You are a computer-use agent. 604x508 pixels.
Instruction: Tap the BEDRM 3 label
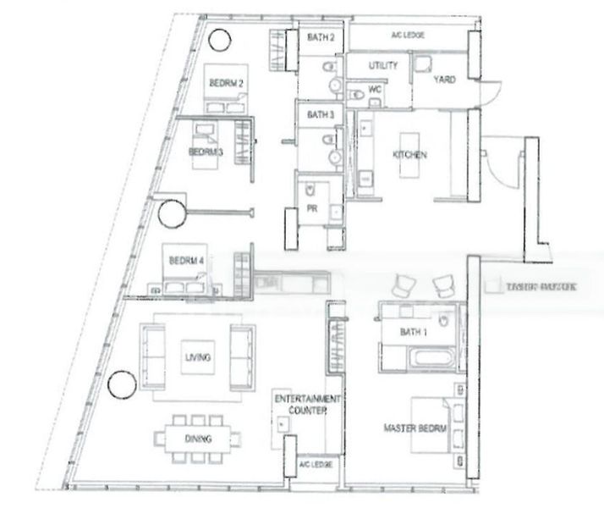[206, 152]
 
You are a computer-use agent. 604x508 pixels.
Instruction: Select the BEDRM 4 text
[186, 261]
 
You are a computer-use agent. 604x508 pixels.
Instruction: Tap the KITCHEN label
[409, 156]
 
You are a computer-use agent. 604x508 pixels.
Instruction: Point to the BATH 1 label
[415, 334]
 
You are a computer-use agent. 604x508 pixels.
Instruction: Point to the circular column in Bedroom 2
[219, 39]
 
